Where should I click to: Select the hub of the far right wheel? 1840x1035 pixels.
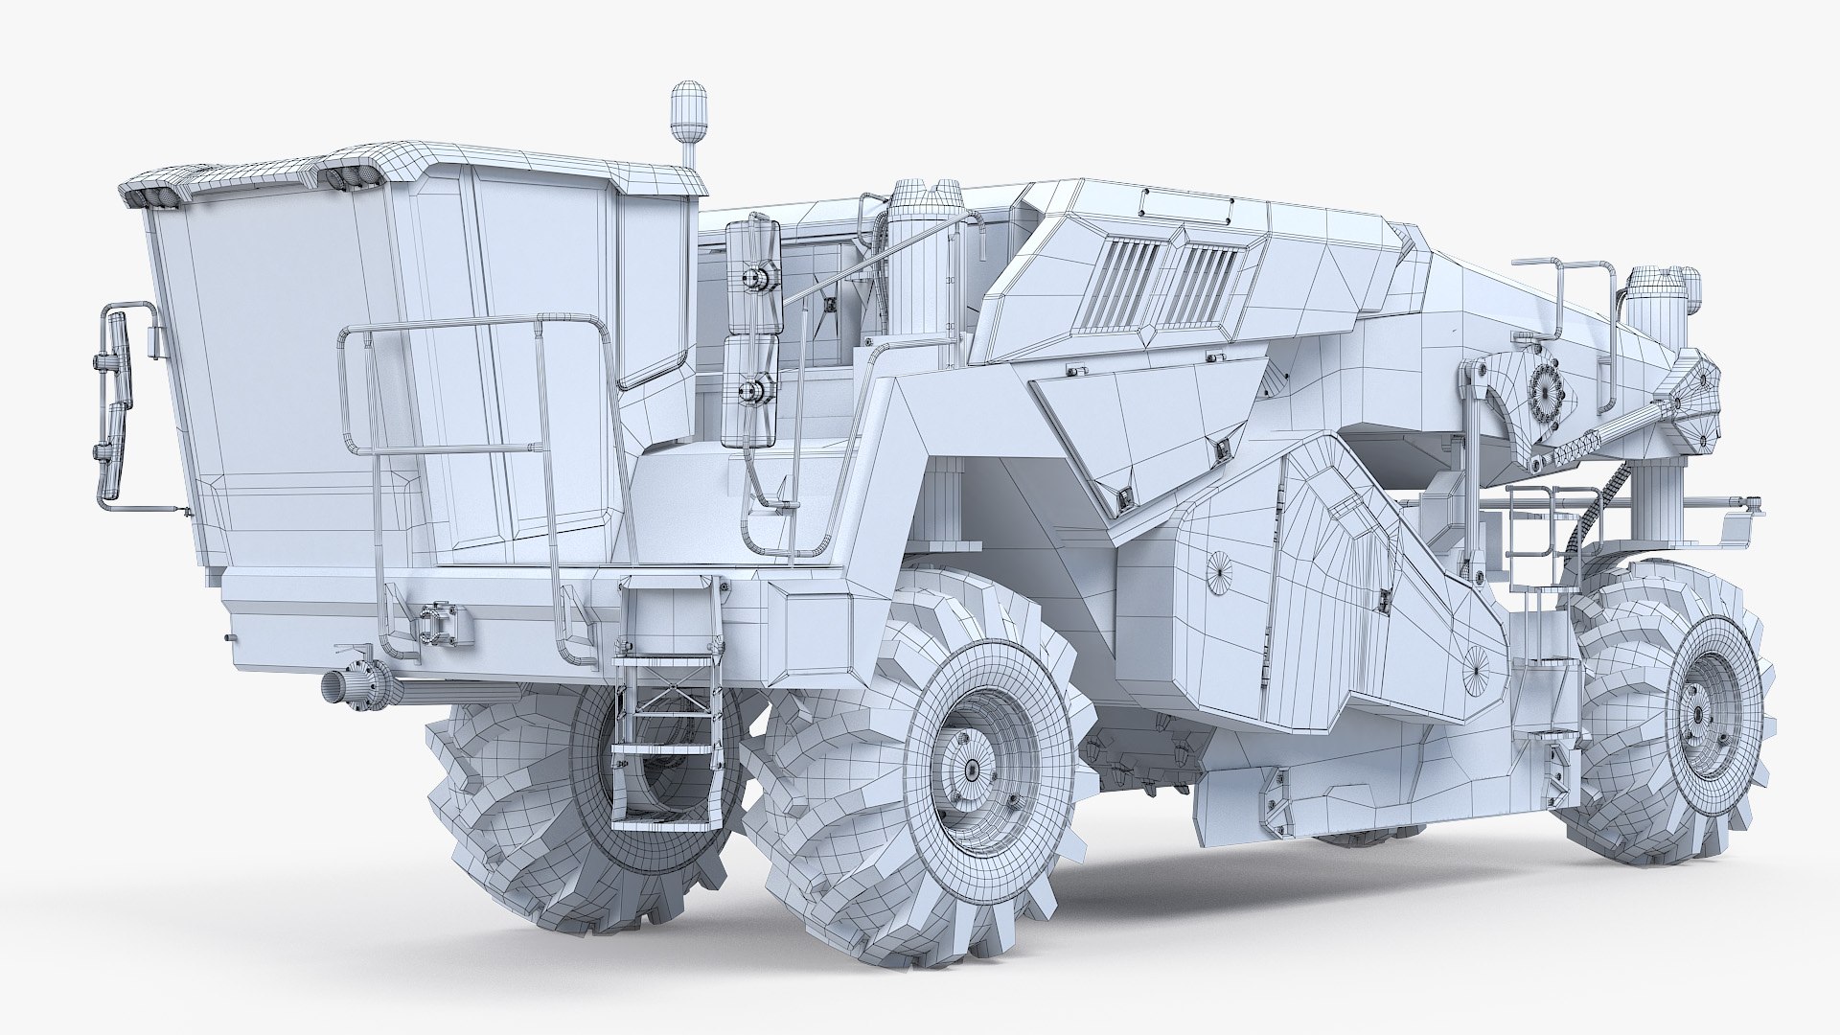click(1699, 715)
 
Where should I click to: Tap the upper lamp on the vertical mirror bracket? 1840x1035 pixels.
click(753, 278)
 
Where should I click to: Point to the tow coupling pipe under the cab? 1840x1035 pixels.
click(345, 686)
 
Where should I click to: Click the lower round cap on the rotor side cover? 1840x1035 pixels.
click(1477, 660)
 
